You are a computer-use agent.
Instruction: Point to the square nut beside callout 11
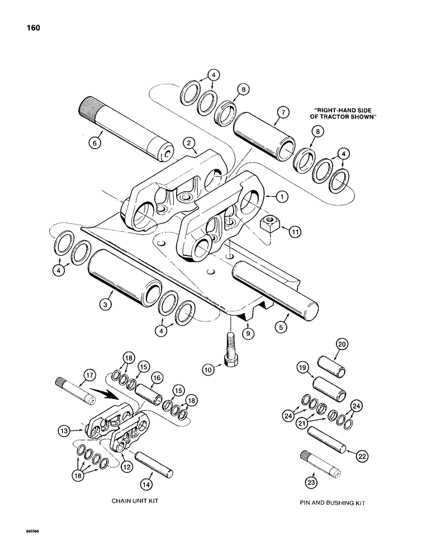266,226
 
